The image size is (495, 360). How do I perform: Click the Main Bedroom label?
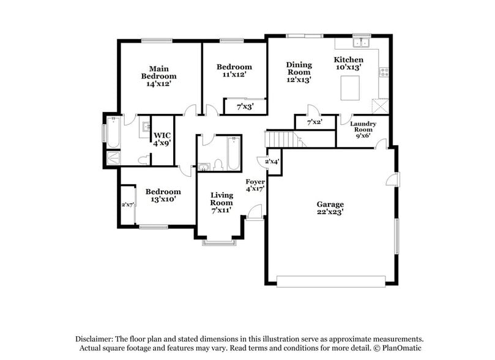(158, 72)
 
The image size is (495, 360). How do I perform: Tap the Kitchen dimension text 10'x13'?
(348, 67)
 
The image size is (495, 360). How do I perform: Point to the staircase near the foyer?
(284, 139)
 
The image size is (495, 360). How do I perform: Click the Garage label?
(330, 204)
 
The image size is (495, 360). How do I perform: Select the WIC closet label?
(162, 135)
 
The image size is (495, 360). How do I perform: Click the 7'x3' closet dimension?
(245, 107)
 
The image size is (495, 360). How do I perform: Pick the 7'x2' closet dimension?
(314, 122)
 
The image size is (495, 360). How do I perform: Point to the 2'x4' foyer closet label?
(272, 162)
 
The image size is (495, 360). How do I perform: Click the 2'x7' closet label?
(128, 204)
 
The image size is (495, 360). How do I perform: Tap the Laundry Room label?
(363, 127)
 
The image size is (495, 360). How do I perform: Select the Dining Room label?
(299, 68)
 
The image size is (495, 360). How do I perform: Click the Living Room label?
(221, 198)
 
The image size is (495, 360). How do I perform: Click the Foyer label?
(255, 182)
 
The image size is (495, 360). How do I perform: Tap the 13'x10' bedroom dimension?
(163, 199)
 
